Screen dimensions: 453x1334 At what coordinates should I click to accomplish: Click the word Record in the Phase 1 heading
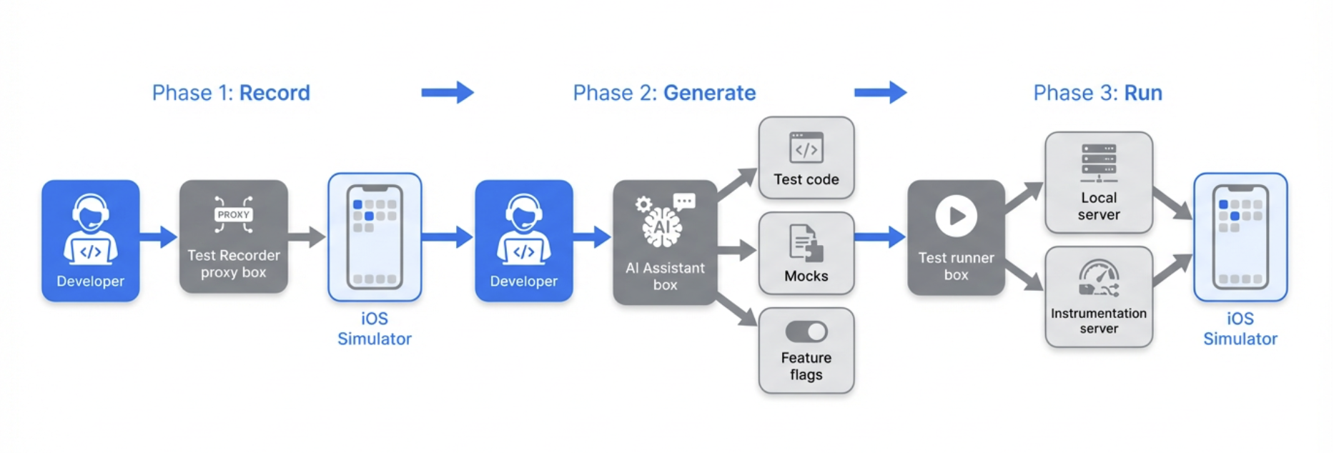275,93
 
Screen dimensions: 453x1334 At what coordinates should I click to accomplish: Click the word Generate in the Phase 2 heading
709,93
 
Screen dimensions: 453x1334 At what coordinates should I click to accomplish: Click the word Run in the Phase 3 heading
1143,93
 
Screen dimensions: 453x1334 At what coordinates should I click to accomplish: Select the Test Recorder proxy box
234,237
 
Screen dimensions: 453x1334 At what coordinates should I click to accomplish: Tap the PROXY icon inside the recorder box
234,214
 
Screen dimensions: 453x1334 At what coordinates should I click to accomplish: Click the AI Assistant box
665,242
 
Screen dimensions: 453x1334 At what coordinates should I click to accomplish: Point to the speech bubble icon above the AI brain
684,201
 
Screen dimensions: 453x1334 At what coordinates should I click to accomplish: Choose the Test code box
806,158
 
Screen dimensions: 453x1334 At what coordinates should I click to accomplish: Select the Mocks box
806,253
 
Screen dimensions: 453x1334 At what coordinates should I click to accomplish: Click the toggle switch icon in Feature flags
806,332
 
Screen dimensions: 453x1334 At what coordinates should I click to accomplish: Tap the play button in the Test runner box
956,216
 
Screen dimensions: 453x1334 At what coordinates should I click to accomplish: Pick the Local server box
1099,183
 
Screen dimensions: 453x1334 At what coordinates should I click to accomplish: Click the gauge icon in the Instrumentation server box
1099,278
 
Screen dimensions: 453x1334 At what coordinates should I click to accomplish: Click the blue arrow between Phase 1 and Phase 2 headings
448,92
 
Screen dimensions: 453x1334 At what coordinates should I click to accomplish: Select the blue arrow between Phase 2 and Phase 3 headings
880,92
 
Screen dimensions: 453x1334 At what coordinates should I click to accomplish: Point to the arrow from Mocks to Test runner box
880,237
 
